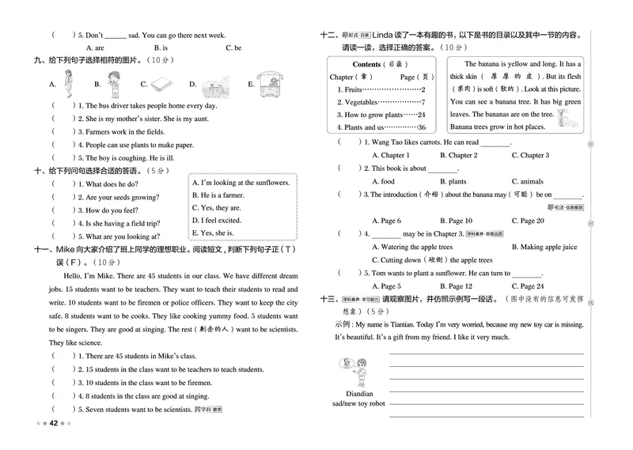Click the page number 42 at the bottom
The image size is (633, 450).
53,422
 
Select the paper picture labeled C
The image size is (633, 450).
161,83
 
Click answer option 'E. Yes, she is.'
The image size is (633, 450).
213,233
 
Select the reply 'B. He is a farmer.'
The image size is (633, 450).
218,195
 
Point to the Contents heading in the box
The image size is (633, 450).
367,64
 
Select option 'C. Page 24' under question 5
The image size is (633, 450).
528,286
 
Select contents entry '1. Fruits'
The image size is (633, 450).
349,89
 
